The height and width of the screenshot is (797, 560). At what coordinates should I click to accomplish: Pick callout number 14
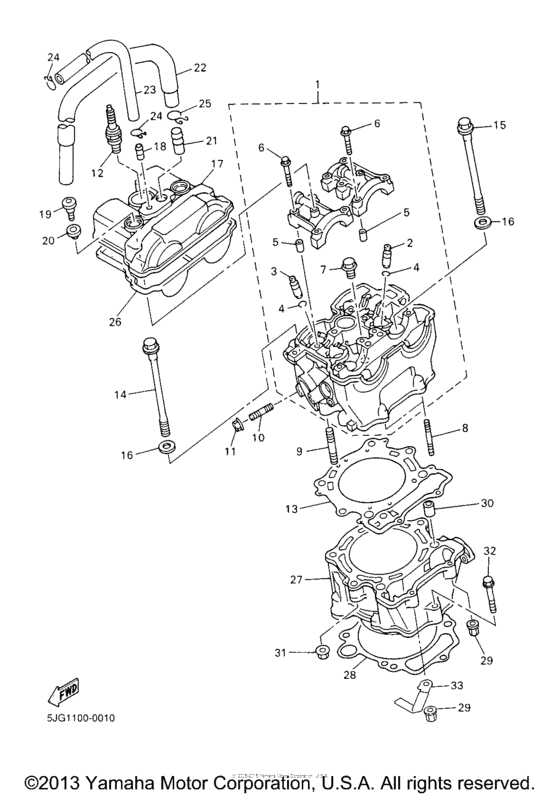tap(120, 394)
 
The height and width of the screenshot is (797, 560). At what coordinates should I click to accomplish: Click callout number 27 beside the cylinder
tap(296, 580)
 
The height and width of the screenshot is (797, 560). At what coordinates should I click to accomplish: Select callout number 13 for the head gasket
tap(291, 509)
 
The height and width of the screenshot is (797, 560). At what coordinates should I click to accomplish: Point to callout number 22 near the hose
tap(200, 68)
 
